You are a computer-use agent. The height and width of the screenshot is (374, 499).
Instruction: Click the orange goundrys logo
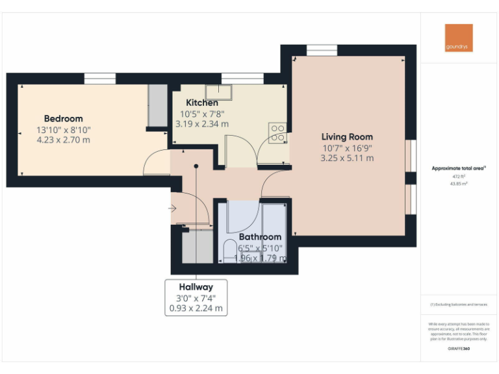pyautogui.click(x=459, y=38)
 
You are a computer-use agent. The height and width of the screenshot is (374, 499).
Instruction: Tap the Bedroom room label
pyautogui.click(x=63, y=119)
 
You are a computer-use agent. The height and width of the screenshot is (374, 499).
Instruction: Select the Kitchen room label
pyautogui.click(x=202, y=103)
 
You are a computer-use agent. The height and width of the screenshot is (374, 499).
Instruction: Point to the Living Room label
pyautogui.click(x=347, y=137)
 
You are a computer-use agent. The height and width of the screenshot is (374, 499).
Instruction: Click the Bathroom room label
pyautogui.click(x=260, y=237)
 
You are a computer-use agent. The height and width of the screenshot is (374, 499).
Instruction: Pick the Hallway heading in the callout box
pyautogui.click(x=196, y=286)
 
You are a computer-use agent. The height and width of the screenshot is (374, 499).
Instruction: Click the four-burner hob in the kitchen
pyautogui.click(x=278, y=132)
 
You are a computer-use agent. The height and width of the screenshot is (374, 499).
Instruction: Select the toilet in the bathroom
pyautogui.click(x=229, y=251)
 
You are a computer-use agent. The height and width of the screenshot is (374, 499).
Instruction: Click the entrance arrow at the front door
pyautogui.click(x=173, y=208)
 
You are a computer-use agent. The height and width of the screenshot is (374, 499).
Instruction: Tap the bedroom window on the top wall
pyautogui.click(x=100, y=79)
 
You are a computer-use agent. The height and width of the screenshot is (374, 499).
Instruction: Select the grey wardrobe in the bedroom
pyautogui.click(x=157, y=105)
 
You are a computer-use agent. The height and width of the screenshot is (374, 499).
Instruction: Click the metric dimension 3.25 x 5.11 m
pyautogui.click(x=347, y=158)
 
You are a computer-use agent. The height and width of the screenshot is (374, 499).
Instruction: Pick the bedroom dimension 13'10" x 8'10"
pyautogui.click(x=63, y=130)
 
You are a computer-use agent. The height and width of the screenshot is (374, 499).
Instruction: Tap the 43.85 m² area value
pyautogui.click(x=459, y=184)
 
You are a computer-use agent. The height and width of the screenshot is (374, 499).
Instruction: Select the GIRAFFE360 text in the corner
pyautogui.click(x=459, y=349)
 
